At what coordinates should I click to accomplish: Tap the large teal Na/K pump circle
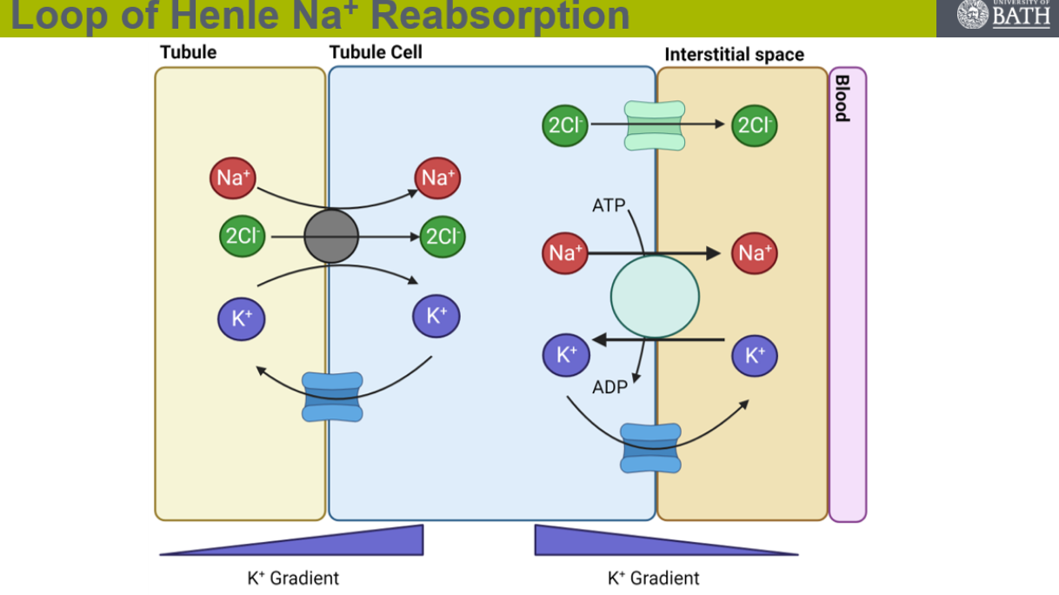[x=655, y=297]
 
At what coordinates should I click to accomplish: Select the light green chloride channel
[x=655, y=124]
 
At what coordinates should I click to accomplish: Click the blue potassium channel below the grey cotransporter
[x=331, y=397]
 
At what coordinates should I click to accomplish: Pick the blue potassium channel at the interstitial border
[x=650, y=448]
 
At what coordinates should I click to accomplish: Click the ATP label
[x=609, y=206]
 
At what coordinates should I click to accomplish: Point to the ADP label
[x=609, y=387]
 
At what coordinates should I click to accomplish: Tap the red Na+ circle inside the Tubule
[x=233, y=178]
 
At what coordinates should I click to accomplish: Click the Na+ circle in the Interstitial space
[x=754, y=253]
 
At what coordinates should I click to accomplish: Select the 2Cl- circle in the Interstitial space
[x=755, y=125]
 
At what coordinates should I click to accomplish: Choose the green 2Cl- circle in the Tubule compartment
[x=243, y=236]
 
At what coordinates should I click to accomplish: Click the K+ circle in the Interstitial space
[x=754, y=355]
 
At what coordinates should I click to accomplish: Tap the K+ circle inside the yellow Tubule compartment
[x=241, y=318]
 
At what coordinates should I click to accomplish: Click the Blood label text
[x=842, y=98]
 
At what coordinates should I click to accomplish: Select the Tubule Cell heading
[x=376, y=52]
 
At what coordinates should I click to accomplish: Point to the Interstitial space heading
[x=734, y=55]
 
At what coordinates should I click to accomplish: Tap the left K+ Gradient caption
[x=293, y=578]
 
